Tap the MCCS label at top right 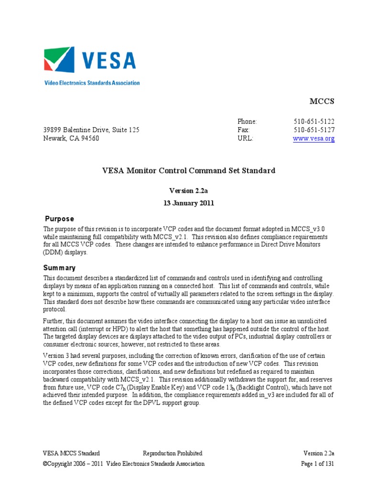322,101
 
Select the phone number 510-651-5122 314,122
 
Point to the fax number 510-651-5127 314,130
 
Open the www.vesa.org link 313,139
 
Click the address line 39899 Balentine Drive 91,130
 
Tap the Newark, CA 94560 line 71,139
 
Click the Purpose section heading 59,219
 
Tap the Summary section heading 60,268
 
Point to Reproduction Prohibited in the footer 173,453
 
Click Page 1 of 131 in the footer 317,464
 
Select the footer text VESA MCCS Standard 72,453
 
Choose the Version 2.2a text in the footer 319,453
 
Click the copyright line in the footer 124,464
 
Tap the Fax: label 243,130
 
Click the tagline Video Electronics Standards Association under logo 92,83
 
